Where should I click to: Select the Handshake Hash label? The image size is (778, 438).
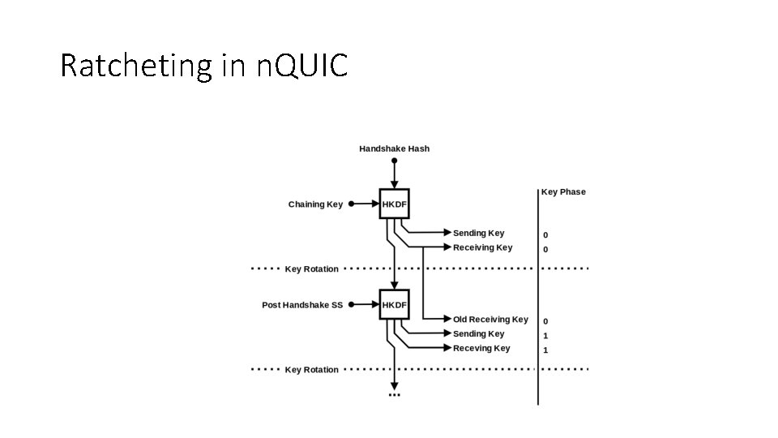click(x=394, y=148)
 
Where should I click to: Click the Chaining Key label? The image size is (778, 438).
click(x=315, y=204)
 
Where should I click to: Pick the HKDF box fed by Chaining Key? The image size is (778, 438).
click(x=395, y=204)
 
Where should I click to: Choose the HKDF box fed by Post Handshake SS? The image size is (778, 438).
click(x=395, y=305)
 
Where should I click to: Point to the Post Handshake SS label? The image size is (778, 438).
click(x=302, y=305)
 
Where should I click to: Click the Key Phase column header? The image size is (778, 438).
click(x=563, y=192)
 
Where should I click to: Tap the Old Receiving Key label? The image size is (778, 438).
click(x=490, y=320)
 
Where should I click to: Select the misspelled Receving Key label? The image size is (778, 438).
click(x=481, y=348)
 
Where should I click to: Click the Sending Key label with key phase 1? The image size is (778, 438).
click(x=478, y=334)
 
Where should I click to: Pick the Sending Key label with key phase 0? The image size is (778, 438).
click(x=478, y=234)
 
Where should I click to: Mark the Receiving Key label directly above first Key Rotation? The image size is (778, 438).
click(x=482, y=247)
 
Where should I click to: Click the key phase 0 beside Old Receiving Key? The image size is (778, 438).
click(x=545, y=321)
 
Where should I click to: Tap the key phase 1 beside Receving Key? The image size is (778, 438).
click(x=545, y=350)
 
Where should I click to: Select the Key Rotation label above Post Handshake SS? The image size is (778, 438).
click(x=311, y=268)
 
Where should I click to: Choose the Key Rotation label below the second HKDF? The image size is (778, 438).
click(x=311, y=370)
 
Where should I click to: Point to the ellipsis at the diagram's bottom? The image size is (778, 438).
click(x=395, y=395)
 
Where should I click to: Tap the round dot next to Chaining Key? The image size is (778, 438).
click(x=352, y=204)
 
